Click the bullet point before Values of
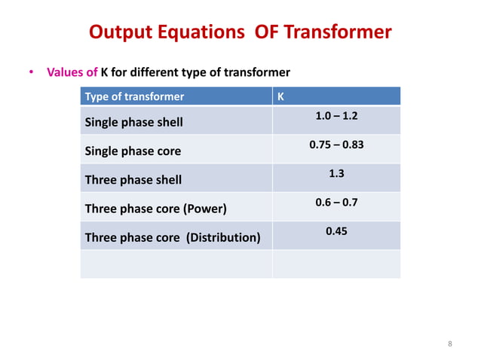[32, 73]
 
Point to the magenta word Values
[65, 73]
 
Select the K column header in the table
[281, 96]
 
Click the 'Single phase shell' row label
[133, 122]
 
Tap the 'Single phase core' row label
[133, 151]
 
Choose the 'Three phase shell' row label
[133, 180]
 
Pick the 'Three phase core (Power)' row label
[155, 209]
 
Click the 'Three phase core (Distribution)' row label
[173, 238]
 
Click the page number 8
[450, 344]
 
